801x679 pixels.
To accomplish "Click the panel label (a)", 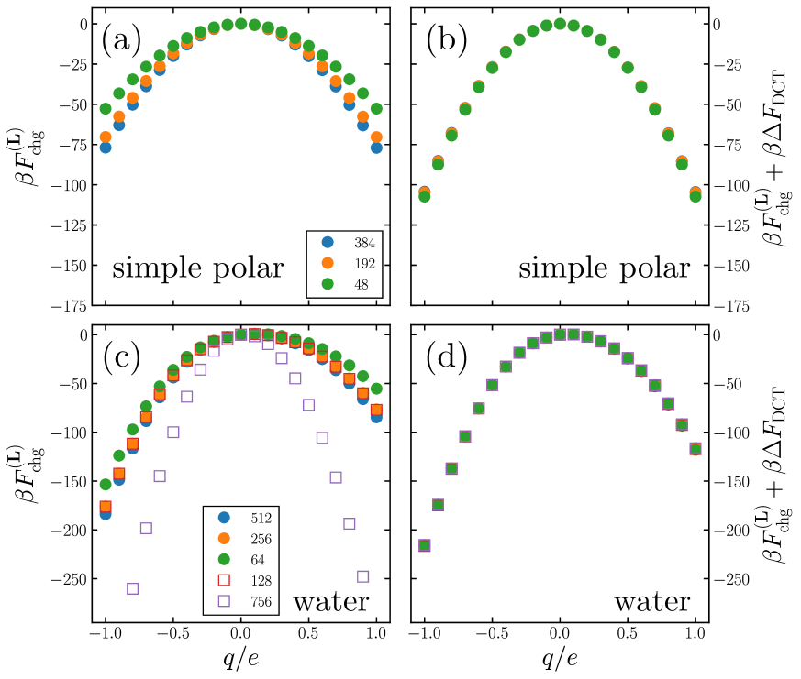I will [120, 41].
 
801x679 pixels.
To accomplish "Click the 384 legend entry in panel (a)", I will [352, 243].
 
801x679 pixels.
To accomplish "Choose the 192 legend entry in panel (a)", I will [352, 263].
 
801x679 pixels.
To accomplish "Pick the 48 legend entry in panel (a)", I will [352, 283].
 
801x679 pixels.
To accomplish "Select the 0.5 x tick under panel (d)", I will [628, 635].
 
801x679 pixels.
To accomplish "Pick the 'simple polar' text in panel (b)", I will [604, 269].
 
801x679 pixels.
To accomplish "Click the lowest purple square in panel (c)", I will [132, 588].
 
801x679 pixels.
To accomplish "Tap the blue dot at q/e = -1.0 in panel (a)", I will [106, 148].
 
